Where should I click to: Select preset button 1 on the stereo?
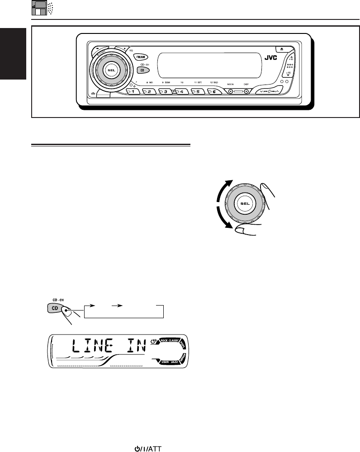click(134, 92)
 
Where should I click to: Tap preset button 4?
click(183, 92)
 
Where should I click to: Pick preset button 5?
click(199, 92)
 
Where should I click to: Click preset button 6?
click(215, 92)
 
